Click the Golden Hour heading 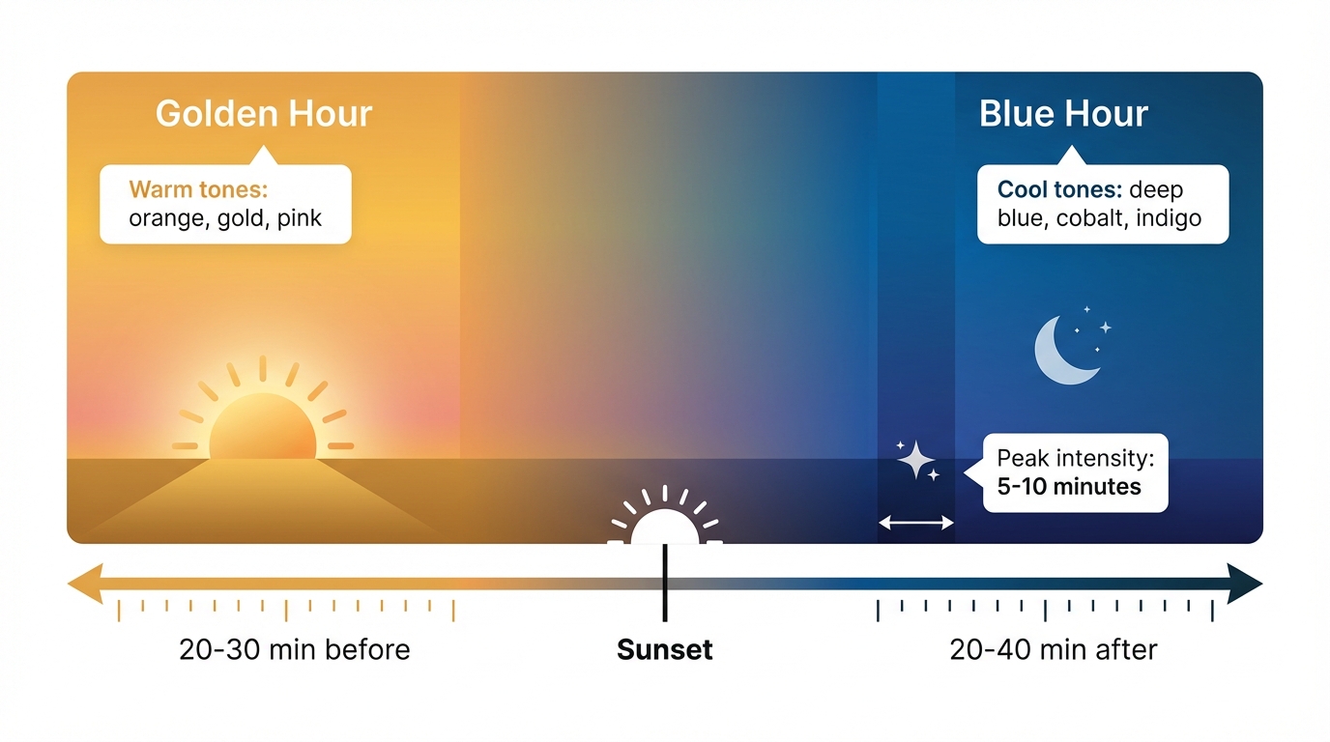[263, 114]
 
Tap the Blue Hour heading [1063, 114]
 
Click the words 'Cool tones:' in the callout [1059, 189]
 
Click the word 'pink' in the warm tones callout [299, 218]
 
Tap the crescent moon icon [1063, 350]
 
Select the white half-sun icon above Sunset [665, 524]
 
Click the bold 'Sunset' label [665, 649]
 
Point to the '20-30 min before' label [295, 649]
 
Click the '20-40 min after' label [1054, 649]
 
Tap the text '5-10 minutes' [1068, 486]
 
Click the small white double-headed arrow [915, 523]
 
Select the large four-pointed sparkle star [913, 460]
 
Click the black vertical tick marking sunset [665, 585]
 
